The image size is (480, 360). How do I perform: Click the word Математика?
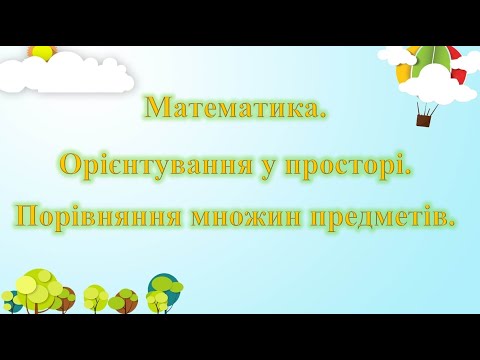(x=235, y=107)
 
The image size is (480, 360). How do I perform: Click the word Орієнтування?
(x=156, y=163)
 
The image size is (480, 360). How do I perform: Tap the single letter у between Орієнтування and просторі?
(x=267, y=165)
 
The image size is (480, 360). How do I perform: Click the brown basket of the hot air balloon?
(x=423, y=120)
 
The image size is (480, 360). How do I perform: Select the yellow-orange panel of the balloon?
(x=404, y=72)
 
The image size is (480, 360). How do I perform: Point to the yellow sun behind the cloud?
(x=42, y=51)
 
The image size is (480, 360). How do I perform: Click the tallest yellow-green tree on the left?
(x=38, y=288)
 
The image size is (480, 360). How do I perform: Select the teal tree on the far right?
(x=163, y=288)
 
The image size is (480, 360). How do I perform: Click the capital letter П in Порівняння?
(x=27, y=216)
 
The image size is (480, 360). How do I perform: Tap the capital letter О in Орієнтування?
(x=71, y=163)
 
